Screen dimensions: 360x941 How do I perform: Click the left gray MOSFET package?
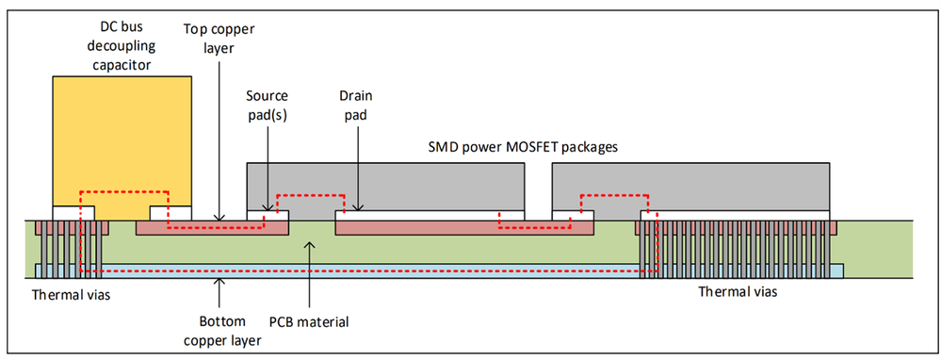pos(385,184)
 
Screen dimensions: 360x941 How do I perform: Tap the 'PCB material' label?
pos(310,321)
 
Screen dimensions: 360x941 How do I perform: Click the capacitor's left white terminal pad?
pos(73,214)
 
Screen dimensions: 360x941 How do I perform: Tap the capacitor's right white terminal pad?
pos(170,214)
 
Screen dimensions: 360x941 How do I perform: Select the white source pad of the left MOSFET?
pos(268,216)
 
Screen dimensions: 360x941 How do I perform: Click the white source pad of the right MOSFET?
pos(573,216)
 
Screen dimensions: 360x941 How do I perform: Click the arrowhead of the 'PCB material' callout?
pos(310,241)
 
